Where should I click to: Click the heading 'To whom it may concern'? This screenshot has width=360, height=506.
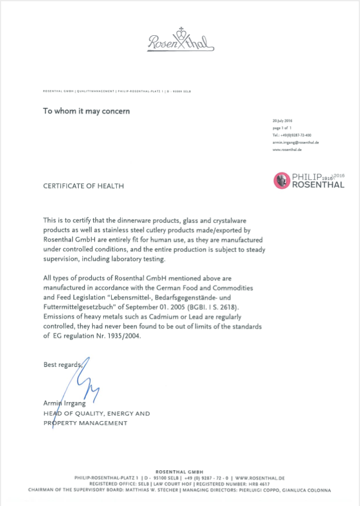87,111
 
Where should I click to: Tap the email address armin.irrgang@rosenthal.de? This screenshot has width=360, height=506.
295,142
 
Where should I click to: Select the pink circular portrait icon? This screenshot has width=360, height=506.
281,180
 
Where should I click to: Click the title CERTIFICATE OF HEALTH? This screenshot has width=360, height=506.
84,186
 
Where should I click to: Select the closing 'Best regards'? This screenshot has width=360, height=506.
62,365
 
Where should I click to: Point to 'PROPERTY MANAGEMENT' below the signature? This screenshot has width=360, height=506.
86,423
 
